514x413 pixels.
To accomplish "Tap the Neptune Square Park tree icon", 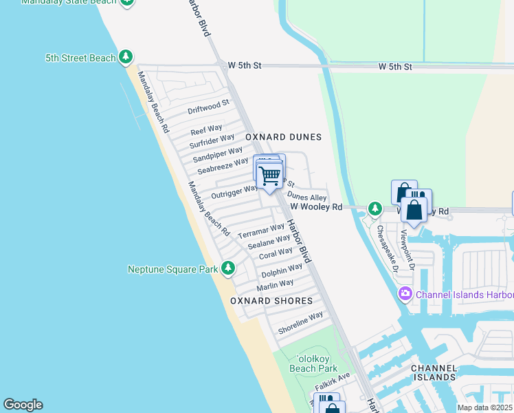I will [228, 268].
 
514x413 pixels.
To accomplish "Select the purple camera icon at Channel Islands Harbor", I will [405, 295].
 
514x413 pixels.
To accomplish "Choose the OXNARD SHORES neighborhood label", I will [271, 301].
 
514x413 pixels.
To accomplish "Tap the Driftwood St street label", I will [208, 107].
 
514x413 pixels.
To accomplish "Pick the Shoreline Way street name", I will [300, 324].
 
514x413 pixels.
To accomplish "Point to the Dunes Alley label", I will [302, 197].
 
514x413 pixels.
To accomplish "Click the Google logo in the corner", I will [23, 405].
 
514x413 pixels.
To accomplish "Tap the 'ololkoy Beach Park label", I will [313, 363].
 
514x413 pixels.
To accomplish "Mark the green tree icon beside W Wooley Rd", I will [375, 208].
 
